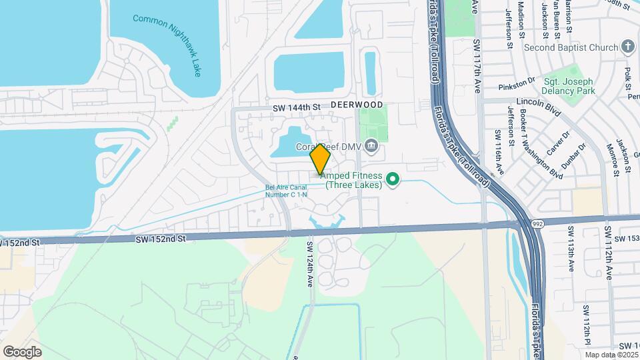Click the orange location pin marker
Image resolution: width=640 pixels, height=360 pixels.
pos(320,159)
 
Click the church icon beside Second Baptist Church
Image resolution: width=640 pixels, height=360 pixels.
pos(627,47)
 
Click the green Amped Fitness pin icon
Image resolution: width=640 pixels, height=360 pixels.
pos(393,179)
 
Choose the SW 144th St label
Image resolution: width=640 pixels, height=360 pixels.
pos(297,107)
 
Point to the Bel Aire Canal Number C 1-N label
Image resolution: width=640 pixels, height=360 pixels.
pos(286,191)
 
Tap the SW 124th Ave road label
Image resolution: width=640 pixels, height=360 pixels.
pos(310,264)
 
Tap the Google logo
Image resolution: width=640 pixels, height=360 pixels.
pos(22,351)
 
